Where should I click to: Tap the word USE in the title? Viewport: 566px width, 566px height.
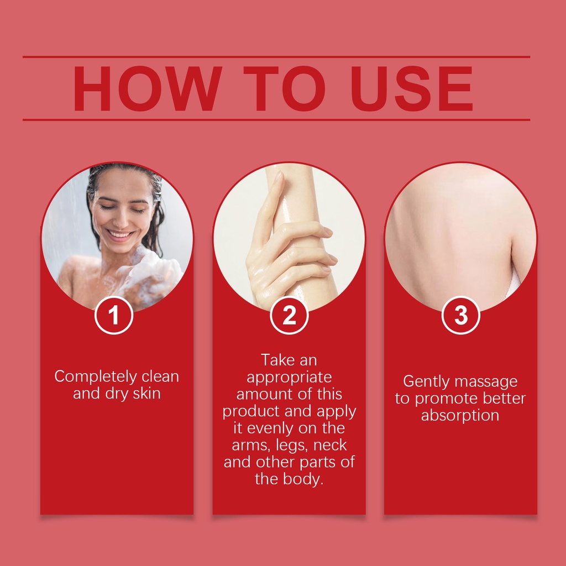[411, 88]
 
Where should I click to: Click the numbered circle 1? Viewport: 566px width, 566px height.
[114, 315]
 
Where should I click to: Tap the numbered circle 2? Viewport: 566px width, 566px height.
[289, 315]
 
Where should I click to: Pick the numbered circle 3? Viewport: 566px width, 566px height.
[460, 315]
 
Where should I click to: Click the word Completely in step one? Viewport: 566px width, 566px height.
[96, 377]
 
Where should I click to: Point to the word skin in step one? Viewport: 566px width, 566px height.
[146, 393]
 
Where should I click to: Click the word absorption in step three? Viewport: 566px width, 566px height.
[460, 416]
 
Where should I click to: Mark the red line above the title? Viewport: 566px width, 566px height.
[276, 57]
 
